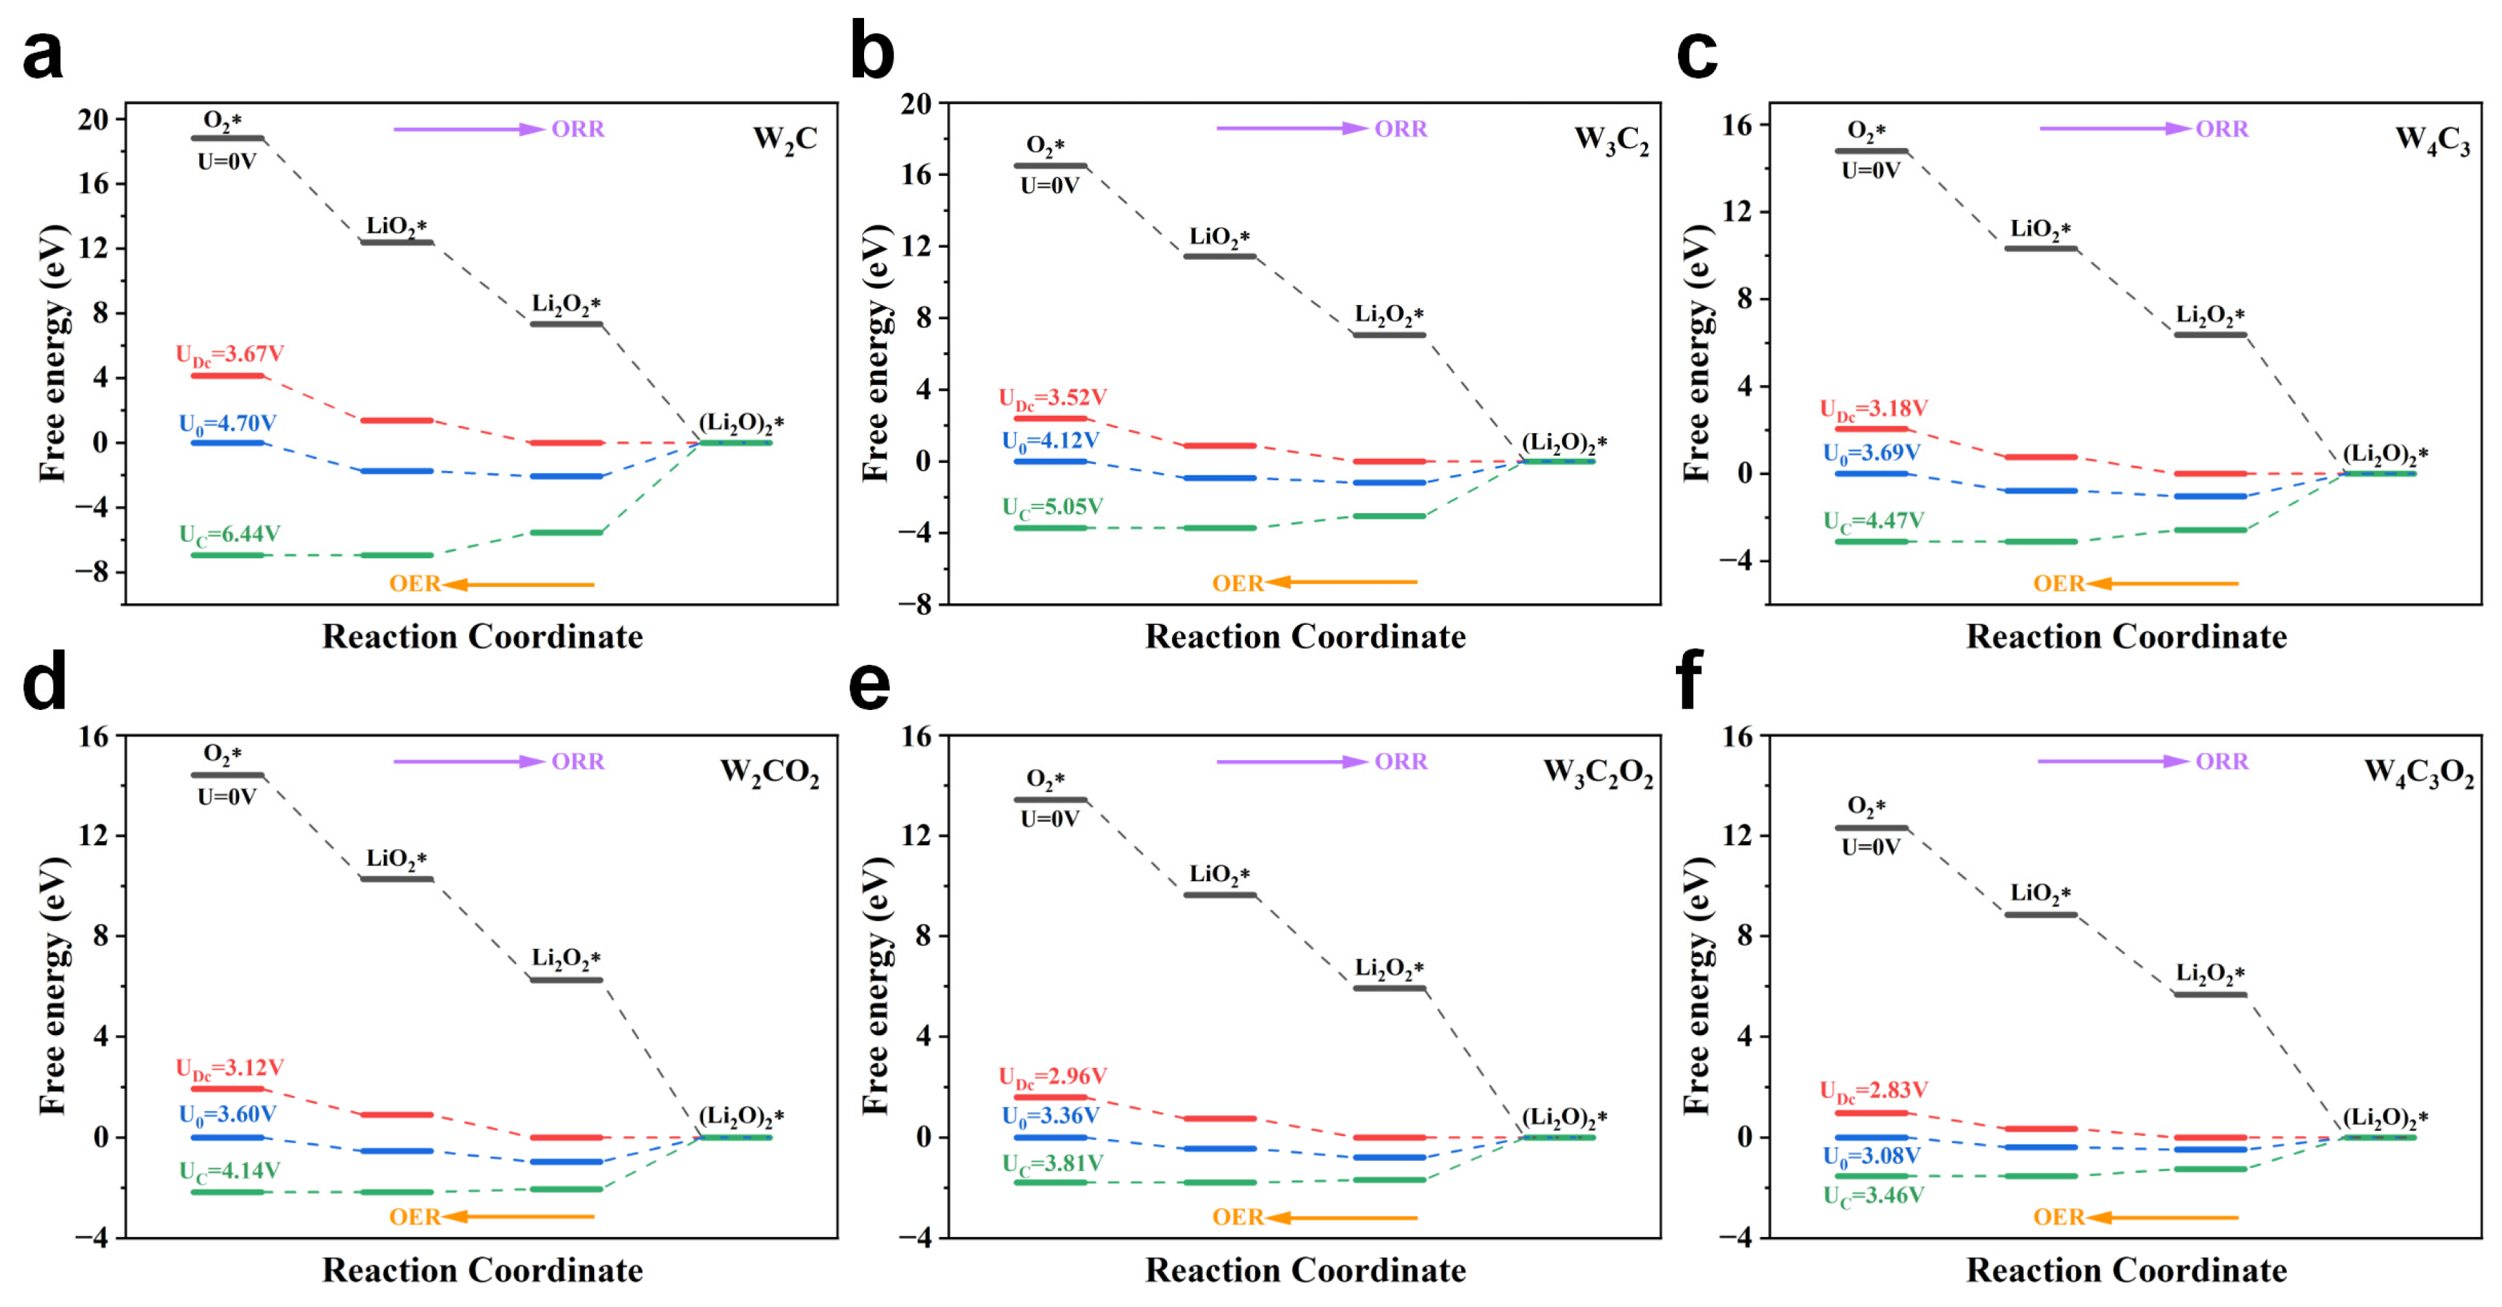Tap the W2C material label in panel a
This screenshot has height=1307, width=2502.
point(785,140)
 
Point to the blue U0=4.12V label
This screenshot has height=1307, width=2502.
point(1050,441)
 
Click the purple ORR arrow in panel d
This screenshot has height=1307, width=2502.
point(468,762)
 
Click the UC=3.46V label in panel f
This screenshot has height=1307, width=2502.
point(1873,1196)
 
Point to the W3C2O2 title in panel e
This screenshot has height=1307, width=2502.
point(1598,774)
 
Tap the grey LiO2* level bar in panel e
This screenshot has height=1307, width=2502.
point(1220,894)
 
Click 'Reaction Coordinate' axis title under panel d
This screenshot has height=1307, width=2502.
point(482,1270)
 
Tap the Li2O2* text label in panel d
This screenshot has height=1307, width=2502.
point(566,958)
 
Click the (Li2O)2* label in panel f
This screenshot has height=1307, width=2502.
point(2385,1117)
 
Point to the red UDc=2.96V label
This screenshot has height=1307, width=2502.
point(1052,1077)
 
